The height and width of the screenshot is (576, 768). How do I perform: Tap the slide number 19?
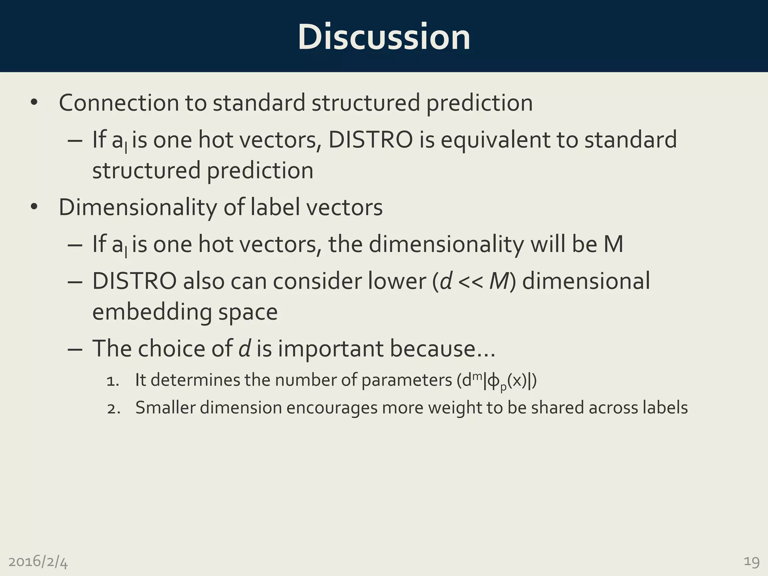click(x=751, y=562)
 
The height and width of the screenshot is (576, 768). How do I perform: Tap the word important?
click(x=330, y=349)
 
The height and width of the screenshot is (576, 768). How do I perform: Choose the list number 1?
click(x=112, y=381)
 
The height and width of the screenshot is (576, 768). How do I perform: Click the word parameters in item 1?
click(x=406, y=380)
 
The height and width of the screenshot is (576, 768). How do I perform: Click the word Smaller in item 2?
click(x=165, y=408)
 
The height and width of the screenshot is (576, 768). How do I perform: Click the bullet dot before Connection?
click(x=34, y=103)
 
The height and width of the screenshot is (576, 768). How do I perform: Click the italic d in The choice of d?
click(x=244, y=349)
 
